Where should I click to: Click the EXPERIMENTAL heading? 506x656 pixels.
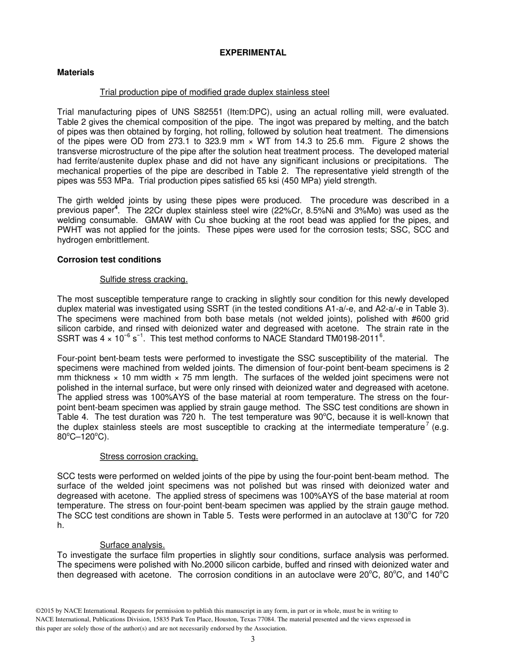[253, 53]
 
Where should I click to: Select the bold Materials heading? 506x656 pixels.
[76, 73]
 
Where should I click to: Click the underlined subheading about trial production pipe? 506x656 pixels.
[214, 92]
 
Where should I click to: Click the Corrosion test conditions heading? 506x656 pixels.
[109, 260]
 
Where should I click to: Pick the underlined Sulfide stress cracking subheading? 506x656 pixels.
[143, 279]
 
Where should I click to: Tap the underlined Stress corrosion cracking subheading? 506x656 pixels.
[149, 457]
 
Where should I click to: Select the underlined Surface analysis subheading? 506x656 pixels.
[132, 545]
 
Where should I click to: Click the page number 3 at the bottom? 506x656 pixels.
[253, 639]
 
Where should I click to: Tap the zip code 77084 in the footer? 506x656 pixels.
[278, 619]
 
